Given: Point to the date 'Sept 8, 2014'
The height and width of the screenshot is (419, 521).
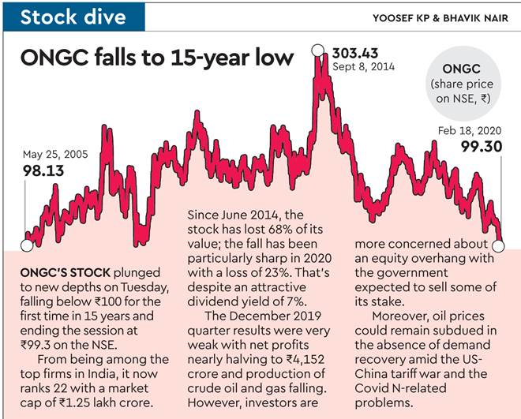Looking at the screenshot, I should tap(362, 69).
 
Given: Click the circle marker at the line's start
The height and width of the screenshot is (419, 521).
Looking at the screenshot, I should tap(26, 245).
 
